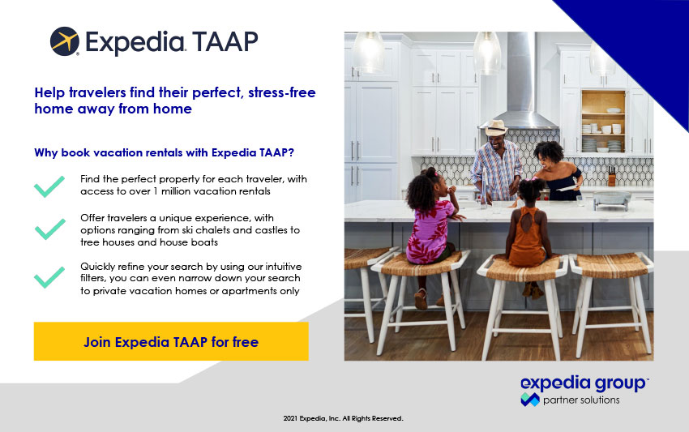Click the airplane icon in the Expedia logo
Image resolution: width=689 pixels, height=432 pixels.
[65, 41]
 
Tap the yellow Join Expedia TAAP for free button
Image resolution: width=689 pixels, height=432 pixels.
[171, 341]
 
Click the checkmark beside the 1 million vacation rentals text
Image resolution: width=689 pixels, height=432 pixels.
[49, 186]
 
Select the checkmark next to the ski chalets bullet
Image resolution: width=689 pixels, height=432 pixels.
[49, 229]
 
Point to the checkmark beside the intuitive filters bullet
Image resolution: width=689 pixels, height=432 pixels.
[49, 277]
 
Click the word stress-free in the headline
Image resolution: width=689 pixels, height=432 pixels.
[281, 92]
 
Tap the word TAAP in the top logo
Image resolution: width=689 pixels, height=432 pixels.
[225, 42]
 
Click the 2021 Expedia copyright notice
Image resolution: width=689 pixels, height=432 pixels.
[343, 418]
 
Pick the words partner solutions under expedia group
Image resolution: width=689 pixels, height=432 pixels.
[581, 400]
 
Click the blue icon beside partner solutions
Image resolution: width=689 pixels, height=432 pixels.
[530, 399]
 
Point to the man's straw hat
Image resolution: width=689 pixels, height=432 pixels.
[495, 127]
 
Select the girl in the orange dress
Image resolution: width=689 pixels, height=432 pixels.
[529, 233]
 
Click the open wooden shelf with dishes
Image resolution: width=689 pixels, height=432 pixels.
[603, 122]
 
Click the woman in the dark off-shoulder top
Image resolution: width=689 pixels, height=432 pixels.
[556, 171]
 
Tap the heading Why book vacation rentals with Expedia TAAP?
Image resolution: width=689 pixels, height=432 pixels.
[164, 152]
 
